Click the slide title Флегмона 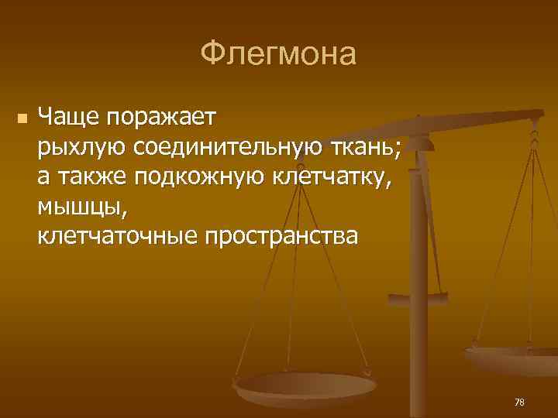[x=278, y=54]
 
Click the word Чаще [x=70, y=118]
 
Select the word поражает [x=163, y=118]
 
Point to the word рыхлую [x=81, y=146]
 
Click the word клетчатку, [x=333, y=176]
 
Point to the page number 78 [x=519, y=402]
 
